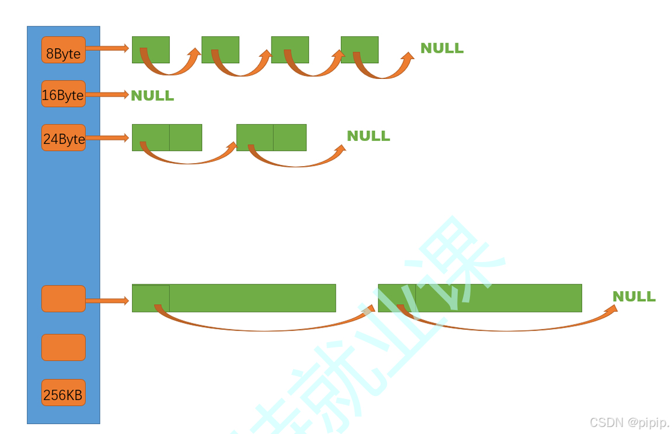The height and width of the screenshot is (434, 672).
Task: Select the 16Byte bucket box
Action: click(x=63, y=94)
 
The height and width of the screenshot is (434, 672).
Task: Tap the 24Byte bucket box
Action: click(x=63, y=138)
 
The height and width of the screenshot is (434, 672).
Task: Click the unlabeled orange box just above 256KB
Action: click(x=63, y=347)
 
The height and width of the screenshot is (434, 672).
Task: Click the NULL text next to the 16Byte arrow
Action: click(x=152, y=95)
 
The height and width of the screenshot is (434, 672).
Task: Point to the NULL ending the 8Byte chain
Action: click(x=442, y=49)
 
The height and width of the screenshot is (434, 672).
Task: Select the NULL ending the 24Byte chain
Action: click(x=368, y=136)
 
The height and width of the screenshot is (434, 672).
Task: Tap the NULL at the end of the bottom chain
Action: click(x=634, y=297)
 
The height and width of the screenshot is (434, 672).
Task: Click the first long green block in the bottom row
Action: click(x=245, y=297)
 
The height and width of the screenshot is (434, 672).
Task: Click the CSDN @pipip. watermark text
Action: click(x=629, y=422)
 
